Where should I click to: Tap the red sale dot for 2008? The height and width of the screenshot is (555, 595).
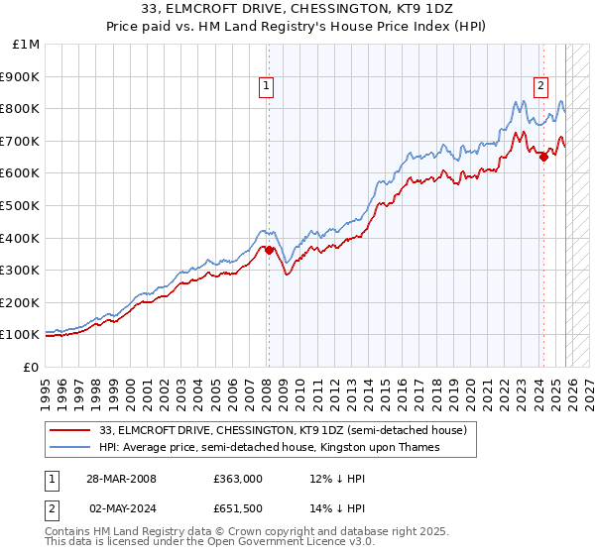269,250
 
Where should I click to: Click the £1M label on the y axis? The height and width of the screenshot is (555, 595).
27,45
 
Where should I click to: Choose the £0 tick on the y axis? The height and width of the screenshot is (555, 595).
31,367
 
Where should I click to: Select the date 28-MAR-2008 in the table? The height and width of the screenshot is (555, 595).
120,478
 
